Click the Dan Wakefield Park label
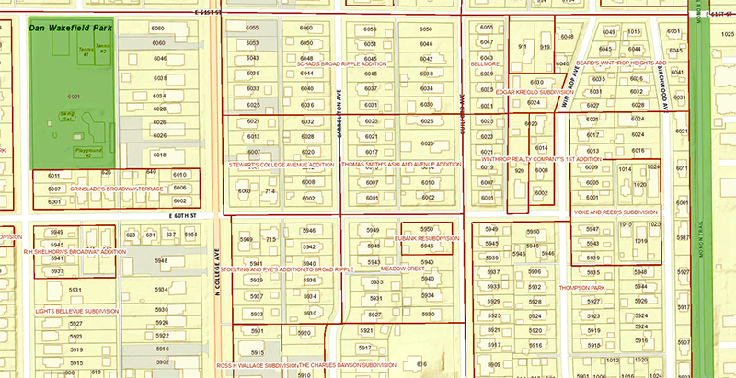tap(71, 28)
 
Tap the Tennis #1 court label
tap(85, 52)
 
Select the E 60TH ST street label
tap(184, 215)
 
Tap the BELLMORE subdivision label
tap(485, 64)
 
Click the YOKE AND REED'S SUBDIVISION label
tap(615, 212)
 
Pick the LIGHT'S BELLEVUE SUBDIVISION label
tap(77, 311)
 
